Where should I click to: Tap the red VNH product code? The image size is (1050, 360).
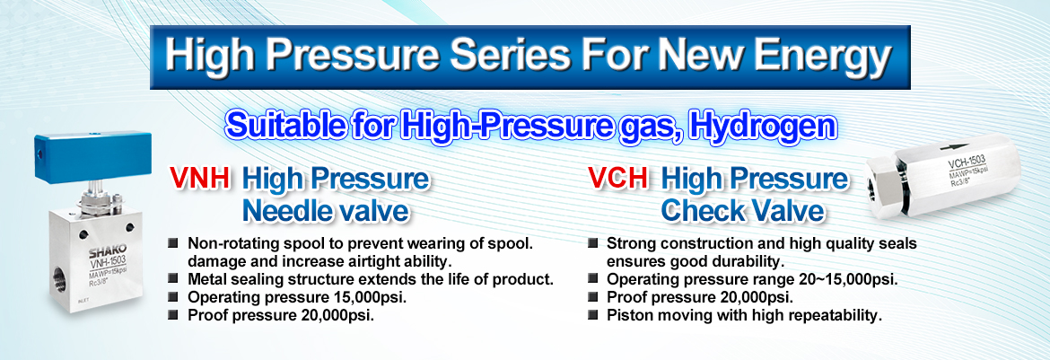pos(200,179)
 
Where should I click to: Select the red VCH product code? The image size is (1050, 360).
pos(618,179)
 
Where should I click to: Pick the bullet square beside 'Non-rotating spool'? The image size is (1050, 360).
pos(174,242)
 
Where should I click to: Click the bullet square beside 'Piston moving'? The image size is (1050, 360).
pos(592,314)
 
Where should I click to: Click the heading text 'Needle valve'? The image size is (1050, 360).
pos(326,210)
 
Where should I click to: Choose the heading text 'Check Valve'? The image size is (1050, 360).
pos(743,210)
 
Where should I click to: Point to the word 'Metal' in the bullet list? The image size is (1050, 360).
pos(207,278)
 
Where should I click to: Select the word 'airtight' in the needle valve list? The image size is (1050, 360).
pos(375,260)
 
